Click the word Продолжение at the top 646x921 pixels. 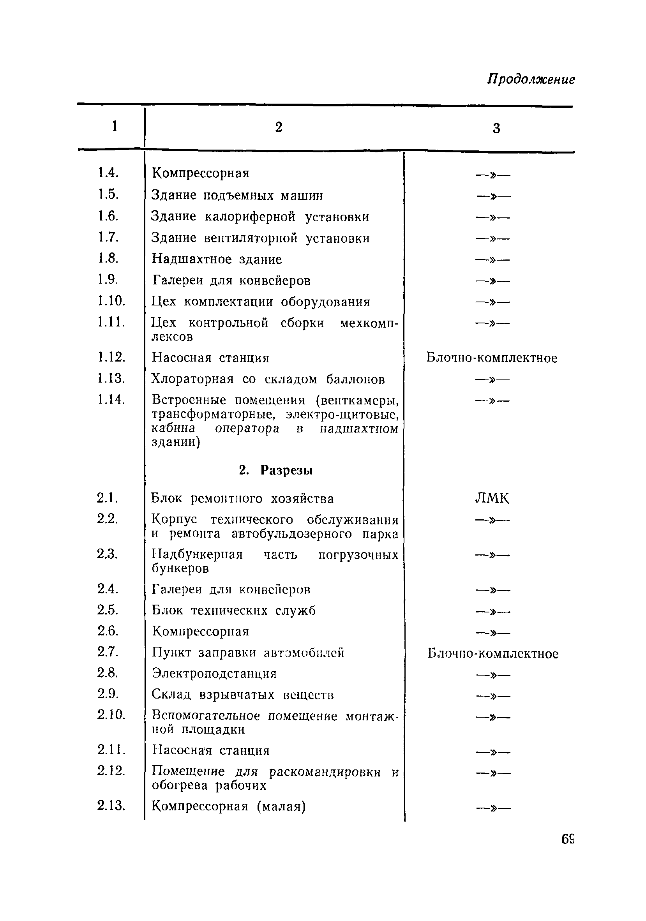[x=531, y=79]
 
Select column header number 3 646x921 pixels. [x=496, y=128]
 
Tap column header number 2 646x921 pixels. [x=279, y=127]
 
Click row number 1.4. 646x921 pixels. [x=108, y=173]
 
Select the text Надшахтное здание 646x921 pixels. [x=217, y=259]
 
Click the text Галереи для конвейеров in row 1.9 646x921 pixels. [x=231, y=281]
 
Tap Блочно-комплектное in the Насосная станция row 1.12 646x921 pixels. [x=492, y=357]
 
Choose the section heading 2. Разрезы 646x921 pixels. [x=275, y=470]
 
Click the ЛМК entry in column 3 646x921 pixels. [x=492, y=498]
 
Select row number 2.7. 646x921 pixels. [x=108, y=652]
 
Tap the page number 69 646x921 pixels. [x=568, y=839]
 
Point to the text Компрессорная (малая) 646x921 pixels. [x=229, y=806]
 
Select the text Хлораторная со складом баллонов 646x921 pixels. [x=268, y=379]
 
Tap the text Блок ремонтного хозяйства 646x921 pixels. [x=242, y=499]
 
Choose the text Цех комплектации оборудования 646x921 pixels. [x=260, y=302]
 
